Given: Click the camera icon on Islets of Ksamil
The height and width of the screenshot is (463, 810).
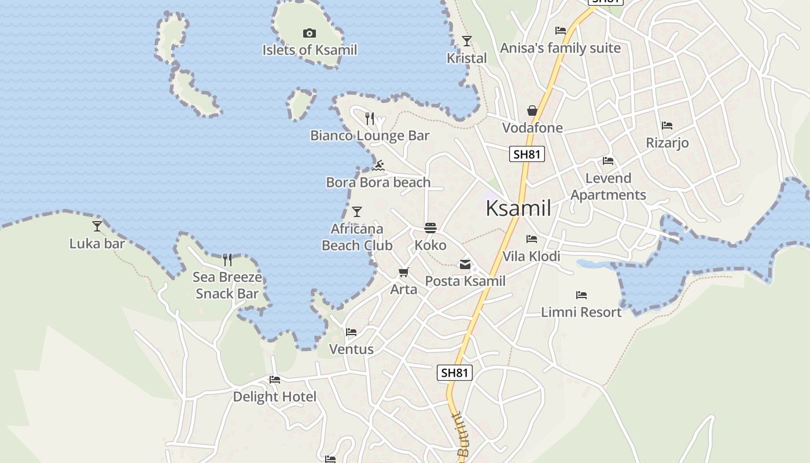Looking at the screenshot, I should click(310, 34).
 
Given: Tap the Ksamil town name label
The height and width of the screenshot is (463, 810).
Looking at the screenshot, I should click(518, 208).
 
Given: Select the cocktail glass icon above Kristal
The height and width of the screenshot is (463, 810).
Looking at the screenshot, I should click(467, 41).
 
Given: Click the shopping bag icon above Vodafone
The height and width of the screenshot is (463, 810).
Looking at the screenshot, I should click(532, 111).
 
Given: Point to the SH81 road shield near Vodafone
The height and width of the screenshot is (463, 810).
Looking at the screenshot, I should click(527, 154).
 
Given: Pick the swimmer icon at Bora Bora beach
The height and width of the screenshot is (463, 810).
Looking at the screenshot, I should click(378, 166).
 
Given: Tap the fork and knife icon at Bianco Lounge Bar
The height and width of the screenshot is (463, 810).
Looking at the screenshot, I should click(370, 119).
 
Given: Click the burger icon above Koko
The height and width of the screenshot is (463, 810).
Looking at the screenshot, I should click(430, 228).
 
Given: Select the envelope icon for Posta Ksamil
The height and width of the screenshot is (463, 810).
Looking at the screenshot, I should click(465, 264).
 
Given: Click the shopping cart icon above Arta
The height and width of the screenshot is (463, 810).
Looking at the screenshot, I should click(404, 272).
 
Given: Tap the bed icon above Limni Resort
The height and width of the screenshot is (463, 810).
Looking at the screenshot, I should click(581, 295).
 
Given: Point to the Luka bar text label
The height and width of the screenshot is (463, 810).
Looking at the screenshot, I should click(97, 244).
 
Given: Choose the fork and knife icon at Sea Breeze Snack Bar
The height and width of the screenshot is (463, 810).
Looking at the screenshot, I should click(227, 260).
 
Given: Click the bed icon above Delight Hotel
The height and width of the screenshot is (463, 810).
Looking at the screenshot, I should click(275, 380).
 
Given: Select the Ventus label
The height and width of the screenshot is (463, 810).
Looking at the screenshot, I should click(351, 350).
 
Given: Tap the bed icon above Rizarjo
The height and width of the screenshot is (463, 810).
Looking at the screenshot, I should click(667, 125).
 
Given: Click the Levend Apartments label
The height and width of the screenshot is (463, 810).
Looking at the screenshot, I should click(608, 186).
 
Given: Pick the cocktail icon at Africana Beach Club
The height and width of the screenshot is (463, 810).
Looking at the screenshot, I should click(357, 212).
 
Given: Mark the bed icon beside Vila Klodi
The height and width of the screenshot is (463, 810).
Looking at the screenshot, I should click(532, 238).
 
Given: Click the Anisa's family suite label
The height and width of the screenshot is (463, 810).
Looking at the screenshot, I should click(560, 48).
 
